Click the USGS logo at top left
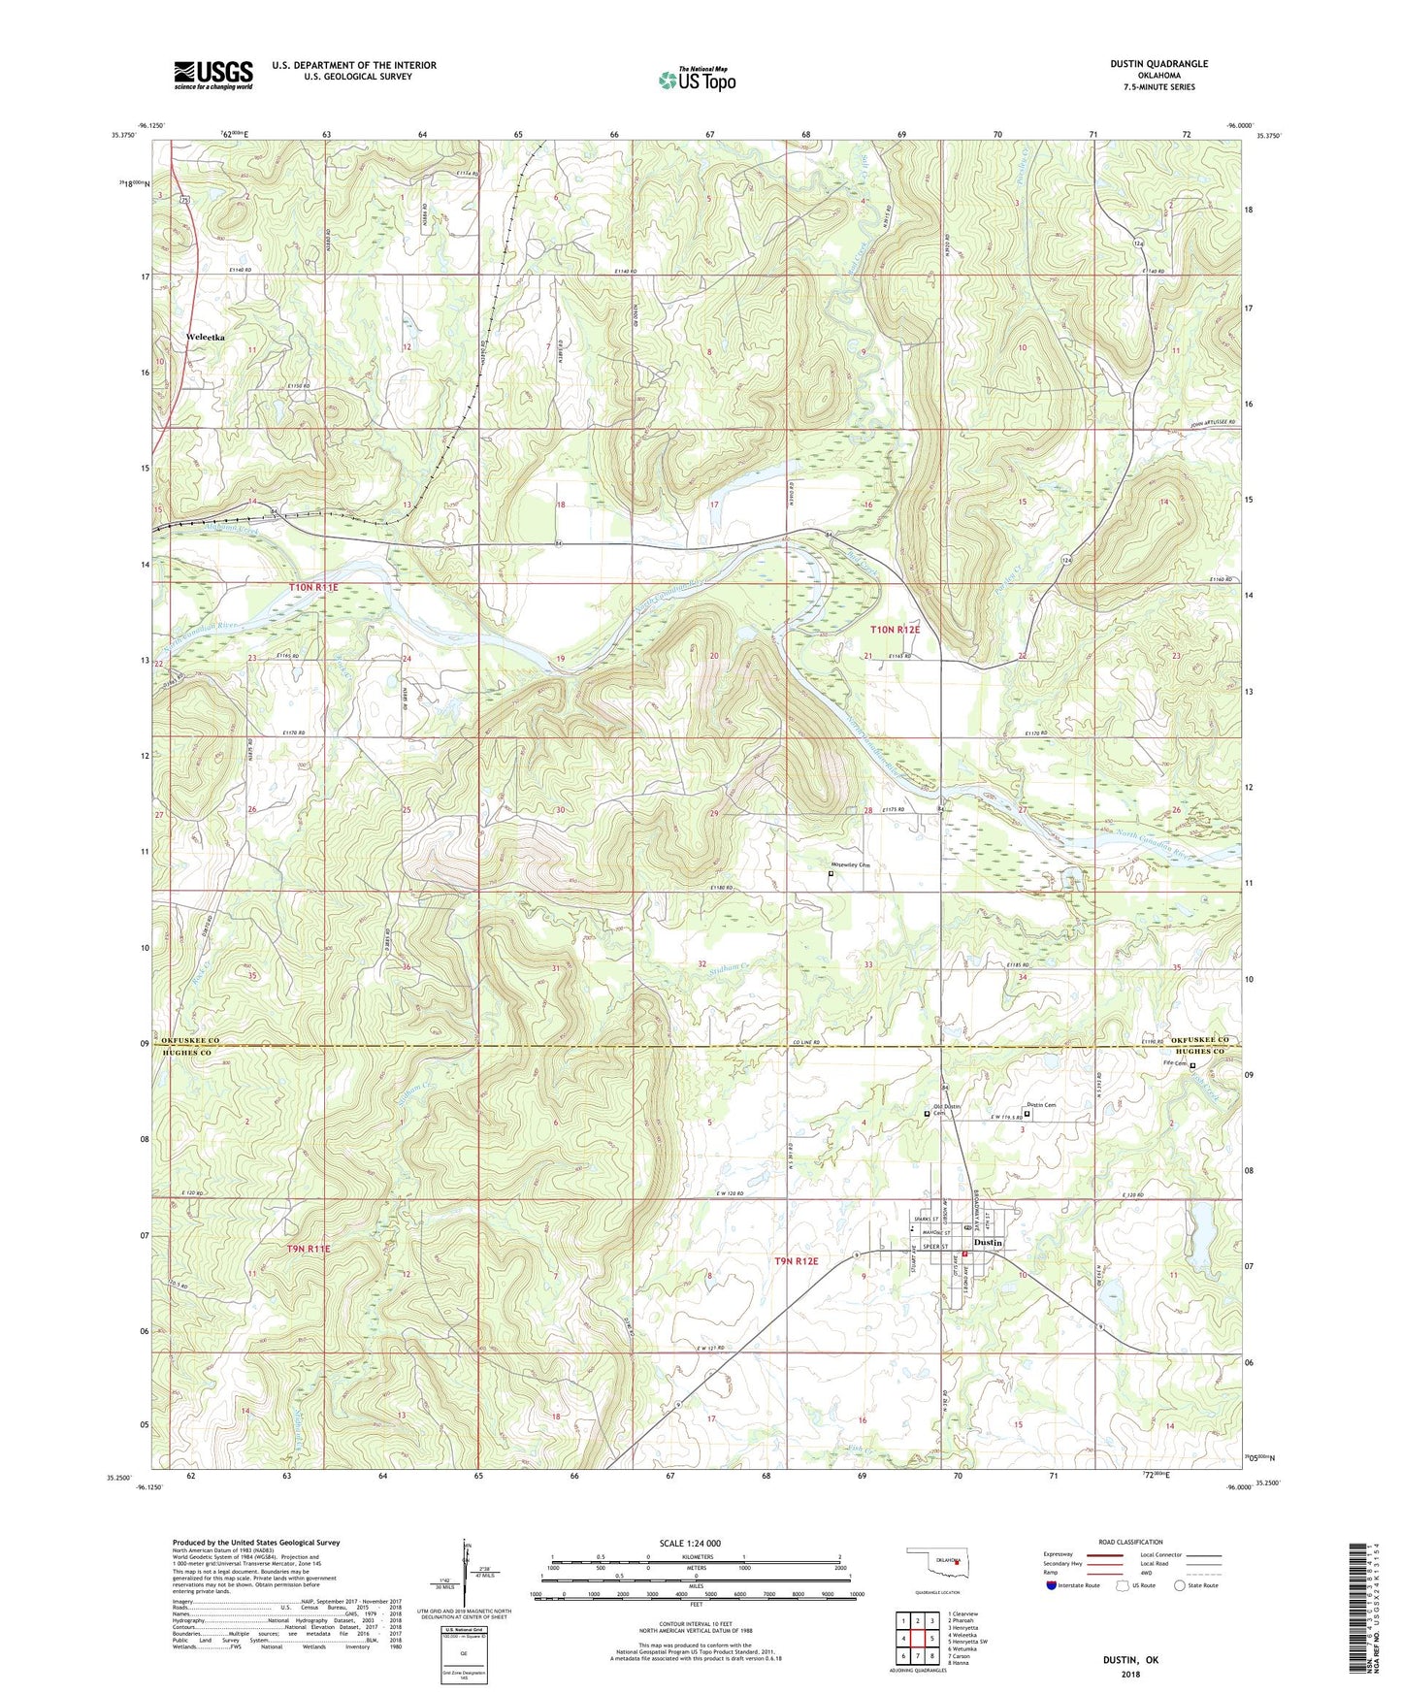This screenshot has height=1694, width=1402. pyautogui.click(x=212, y=75)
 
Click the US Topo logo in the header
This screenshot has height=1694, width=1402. pyautogui.click(x=696, y=80)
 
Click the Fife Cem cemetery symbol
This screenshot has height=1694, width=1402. pyautogui.click(x=1192, y=1065)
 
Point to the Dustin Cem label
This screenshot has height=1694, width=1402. pyautogui.click(x=1040, y=1105)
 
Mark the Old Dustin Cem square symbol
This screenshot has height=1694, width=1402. pyautogui.click(x=927, y=1114)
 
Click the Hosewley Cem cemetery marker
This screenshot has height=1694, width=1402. pyautogui.click(x=831, y=873)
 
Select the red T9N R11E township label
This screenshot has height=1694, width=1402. pyautogui.click(x=309, y=1250)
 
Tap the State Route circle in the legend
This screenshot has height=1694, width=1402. pyautogui.click(x=1179, y=1584)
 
